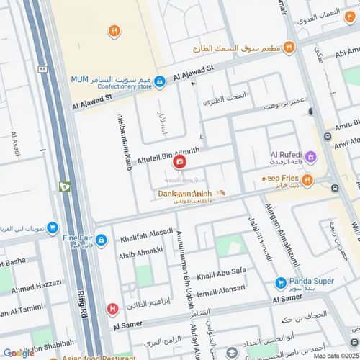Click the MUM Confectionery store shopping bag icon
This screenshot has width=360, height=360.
(161, 81)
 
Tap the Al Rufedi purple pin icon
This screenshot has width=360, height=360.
(310, 156)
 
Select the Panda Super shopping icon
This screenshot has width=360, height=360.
(280, 282)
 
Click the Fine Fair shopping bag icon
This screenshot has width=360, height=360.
(102, 238)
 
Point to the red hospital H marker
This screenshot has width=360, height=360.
(112, 310)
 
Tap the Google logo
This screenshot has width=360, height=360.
(18, 352)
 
